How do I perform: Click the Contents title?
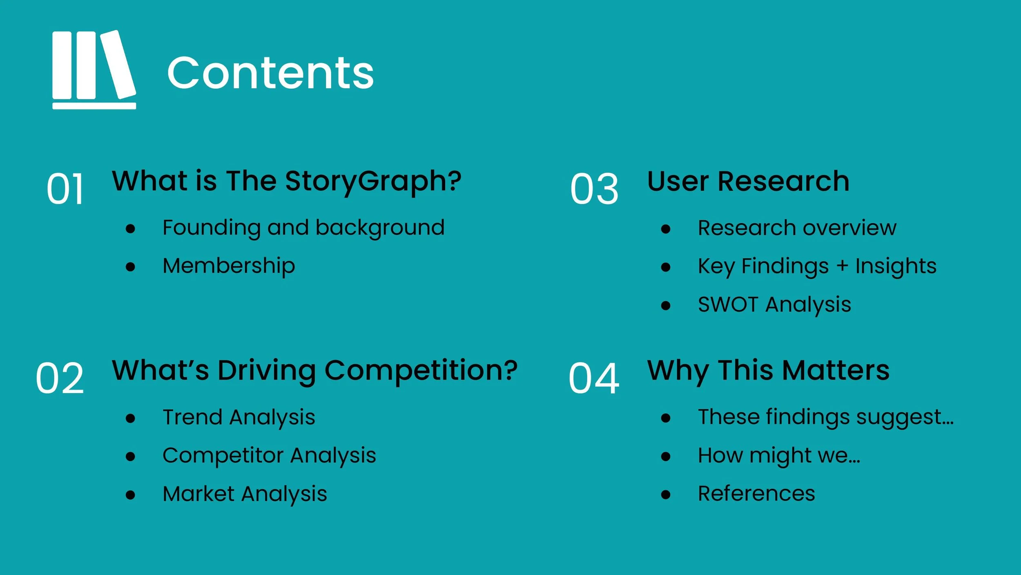[270, 73]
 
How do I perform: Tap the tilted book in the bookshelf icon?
[118, 65]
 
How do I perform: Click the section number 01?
[65, 189]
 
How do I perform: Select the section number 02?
[60, 378]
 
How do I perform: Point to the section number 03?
[594, 189]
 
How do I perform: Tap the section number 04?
[594, 378]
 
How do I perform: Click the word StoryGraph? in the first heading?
[373, 181]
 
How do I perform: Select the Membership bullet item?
[229, 266]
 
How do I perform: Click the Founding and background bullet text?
[303, 228]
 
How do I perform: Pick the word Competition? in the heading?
[421, 371]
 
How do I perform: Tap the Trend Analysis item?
[239, 417]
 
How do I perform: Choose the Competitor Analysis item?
[269, 455]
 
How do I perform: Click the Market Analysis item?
[245, 494]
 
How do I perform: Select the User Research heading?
[748, 181]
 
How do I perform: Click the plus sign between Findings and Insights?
[842, 266]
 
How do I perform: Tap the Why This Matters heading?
[768, 371]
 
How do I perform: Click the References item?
[756, 494]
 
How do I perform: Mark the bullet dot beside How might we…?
[666, 456]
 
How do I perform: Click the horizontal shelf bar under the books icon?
[94, 106]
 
